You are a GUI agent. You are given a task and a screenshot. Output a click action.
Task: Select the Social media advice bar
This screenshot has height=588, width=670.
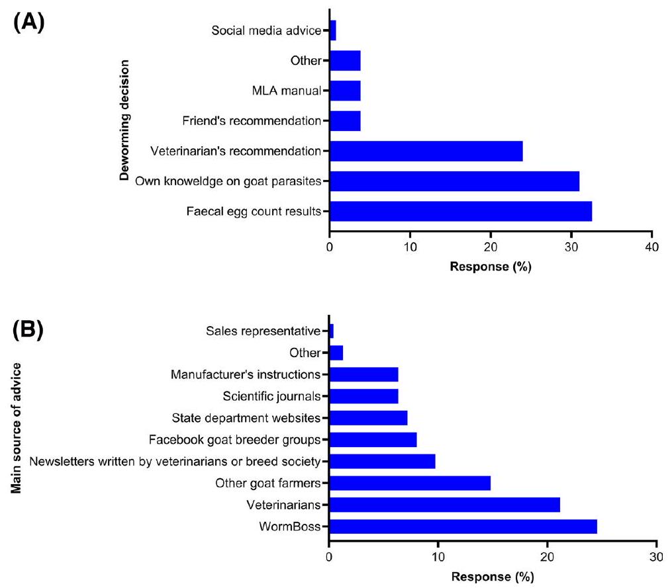point(332,30)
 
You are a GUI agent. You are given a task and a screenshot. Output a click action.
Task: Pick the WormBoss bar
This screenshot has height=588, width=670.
point(463,526)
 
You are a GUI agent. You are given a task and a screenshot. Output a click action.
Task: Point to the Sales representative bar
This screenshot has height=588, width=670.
point(331,331)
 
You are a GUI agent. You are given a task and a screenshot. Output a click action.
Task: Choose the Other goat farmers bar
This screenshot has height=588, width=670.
point(410,483)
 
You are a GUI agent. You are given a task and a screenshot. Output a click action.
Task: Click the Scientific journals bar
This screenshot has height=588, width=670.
point(363,396)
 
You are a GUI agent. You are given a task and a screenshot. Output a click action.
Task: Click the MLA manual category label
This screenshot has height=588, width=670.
point(288,91)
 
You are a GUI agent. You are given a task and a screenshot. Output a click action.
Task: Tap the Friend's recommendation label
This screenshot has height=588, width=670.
point(251,122)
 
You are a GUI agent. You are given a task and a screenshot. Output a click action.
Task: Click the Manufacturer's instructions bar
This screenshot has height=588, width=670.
point(363,374)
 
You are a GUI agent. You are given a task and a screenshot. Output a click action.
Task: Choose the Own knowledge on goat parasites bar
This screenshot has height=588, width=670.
point(454,181)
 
